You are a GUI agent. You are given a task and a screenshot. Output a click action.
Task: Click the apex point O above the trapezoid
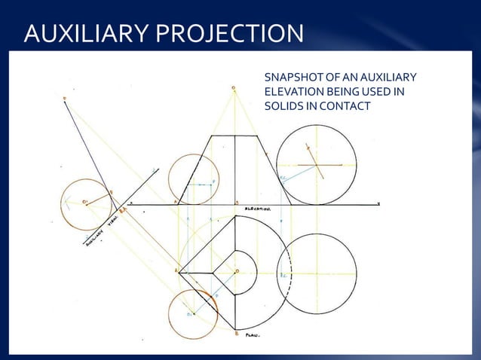click(x=233, y=88)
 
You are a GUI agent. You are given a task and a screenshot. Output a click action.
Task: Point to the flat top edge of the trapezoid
click(x=235, y=136)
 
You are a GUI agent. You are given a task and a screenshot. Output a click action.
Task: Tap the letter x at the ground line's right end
click(x=378, y=204)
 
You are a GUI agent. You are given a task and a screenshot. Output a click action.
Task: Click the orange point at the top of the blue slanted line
click(x=64, y=99)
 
